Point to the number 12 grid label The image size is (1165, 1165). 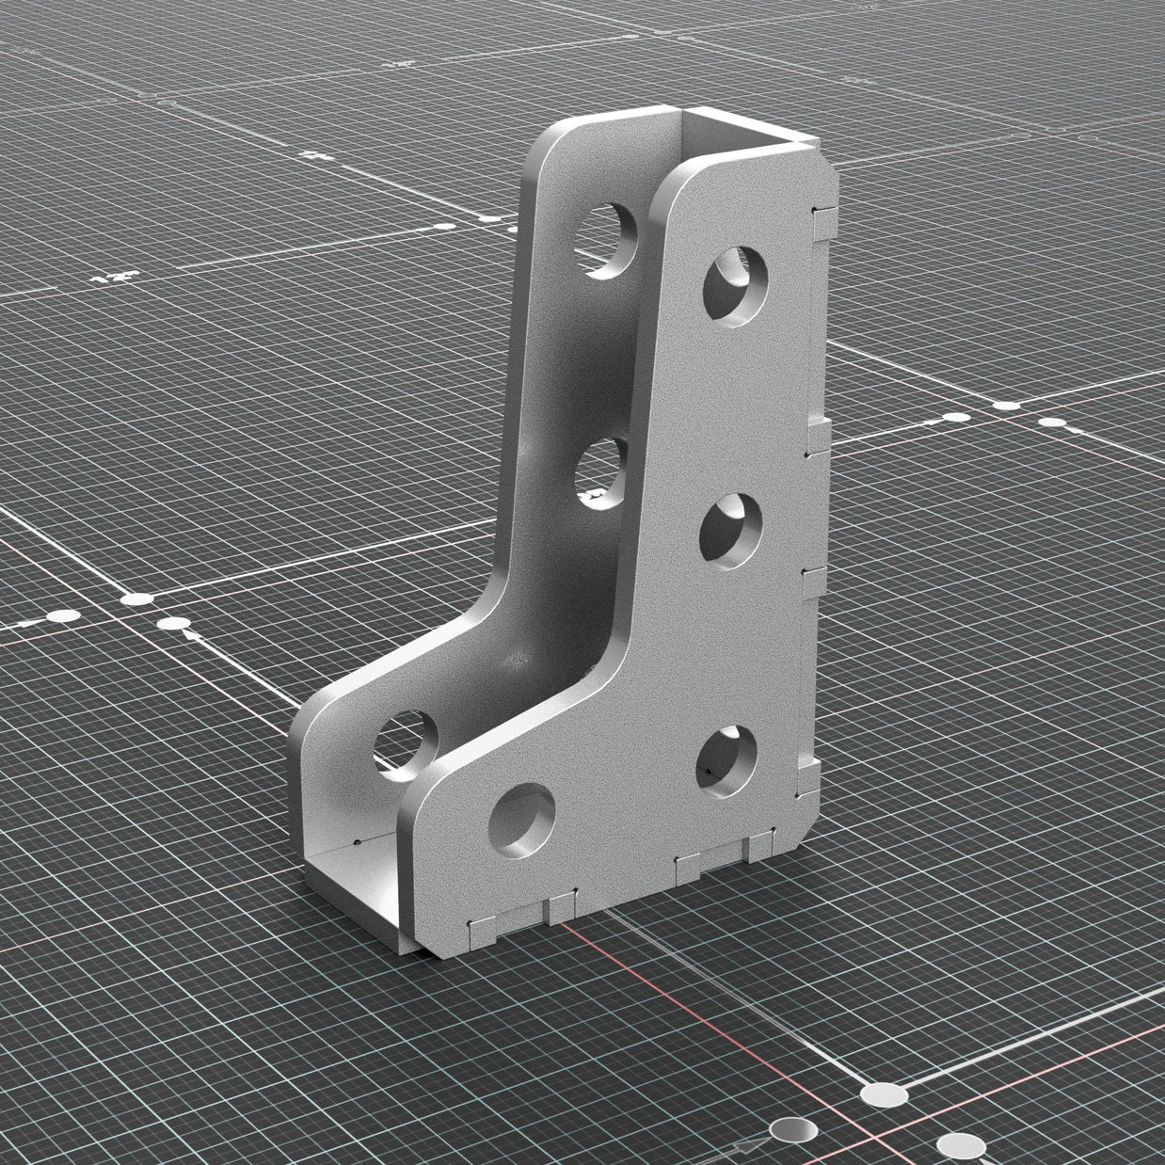[x=114, y=278]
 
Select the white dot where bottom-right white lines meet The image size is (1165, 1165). [x=882, y=1095]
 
